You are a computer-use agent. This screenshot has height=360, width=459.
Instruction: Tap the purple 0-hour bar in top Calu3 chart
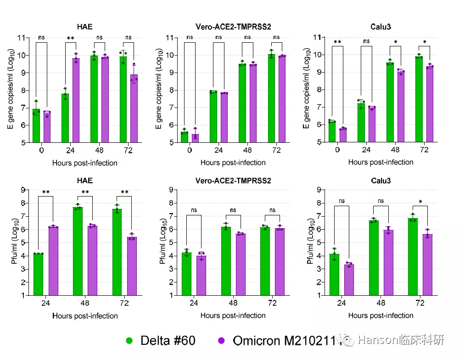pos(342,135)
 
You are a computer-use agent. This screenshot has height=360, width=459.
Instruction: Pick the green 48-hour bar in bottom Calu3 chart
pos(374,258)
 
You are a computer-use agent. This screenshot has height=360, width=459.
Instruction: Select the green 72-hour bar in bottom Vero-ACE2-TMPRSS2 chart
pos(265,261)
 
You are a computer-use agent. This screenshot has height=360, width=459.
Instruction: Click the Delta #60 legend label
pos(168,341)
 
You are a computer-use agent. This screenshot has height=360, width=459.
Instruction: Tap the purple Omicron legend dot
pos(221,341)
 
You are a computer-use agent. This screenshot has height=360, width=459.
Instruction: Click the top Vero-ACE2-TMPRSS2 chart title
pos(232,26)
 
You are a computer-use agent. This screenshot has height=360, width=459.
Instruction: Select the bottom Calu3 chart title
pos(381,180)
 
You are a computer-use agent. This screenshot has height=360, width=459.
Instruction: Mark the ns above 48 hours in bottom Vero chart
pos(233,210)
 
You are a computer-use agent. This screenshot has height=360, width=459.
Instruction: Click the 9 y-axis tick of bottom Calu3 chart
pos(317,189)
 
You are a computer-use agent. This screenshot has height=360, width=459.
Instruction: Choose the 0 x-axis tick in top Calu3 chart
pos(337,150)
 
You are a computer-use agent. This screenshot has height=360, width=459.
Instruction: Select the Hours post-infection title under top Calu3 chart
pos(381,162)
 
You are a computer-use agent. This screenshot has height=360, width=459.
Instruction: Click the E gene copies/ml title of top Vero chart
pos(159,90)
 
